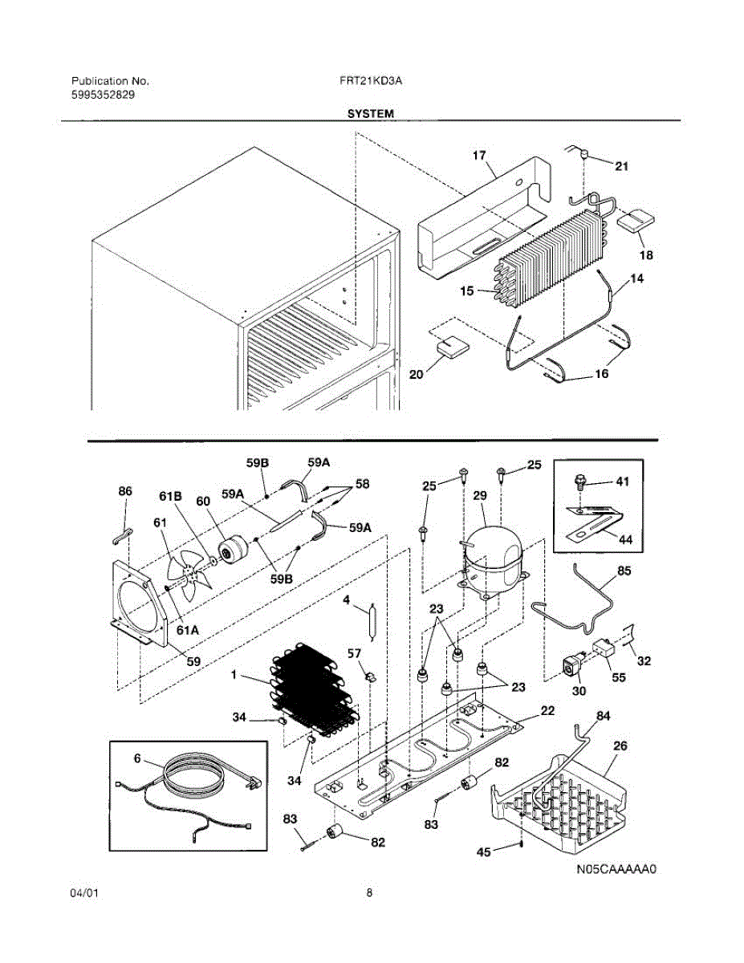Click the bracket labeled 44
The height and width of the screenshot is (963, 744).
click(x=594, y=524)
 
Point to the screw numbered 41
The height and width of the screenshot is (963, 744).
click(x=579, y=481)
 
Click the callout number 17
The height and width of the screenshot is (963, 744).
click(x=479, y=156)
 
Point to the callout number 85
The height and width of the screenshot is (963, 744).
click(x=624, y=571)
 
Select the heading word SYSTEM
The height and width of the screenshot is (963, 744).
click(x=371, y=114)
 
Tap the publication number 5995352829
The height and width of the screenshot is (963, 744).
click(x=103, y=95)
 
